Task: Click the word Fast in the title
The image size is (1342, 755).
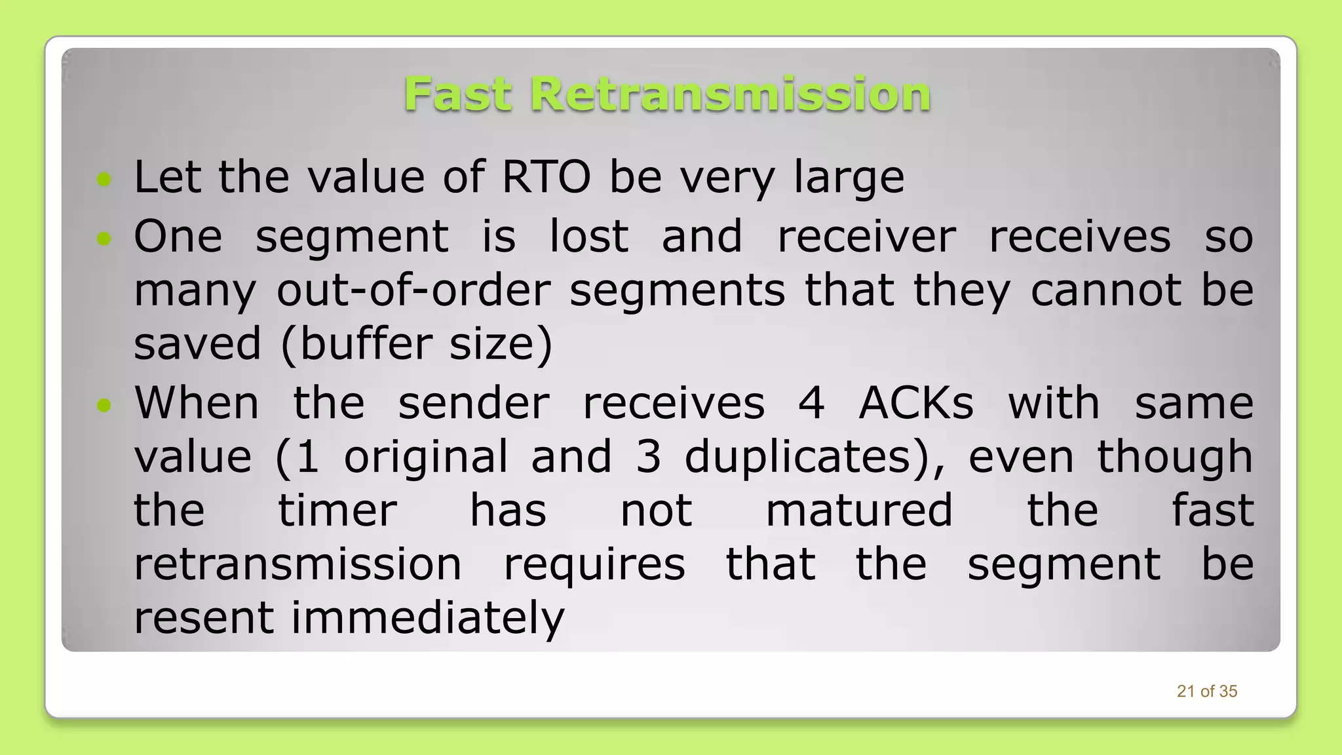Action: click(457, 94)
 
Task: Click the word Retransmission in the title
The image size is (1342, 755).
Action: click(730, 94)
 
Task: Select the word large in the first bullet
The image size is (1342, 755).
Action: click(849, 177)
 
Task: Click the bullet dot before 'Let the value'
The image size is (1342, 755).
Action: click(104, 178)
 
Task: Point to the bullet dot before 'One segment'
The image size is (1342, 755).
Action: click(104, 239)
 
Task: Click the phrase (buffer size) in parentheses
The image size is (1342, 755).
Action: click(416, 343)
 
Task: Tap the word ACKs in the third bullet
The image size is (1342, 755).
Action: click(916, 402)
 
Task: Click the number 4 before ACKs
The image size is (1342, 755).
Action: click(811, 402)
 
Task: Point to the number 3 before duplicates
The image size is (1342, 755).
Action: click(648, 456)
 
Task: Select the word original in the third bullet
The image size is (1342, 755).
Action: click(426, 457)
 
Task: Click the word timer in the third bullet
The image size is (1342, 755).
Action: click(337, 510)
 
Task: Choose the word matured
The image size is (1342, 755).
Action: click(859, 510)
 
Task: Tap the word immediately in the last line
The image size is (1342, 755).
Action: click(427, 617)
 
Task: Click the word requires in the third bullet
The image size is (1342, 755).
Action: click(594, 565)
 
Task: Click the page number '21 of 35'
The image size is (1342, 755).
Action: click(1206, 691)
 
